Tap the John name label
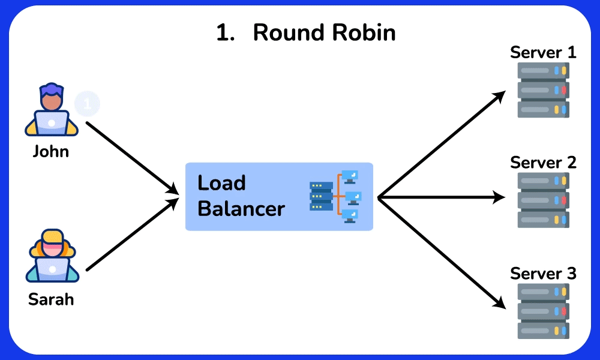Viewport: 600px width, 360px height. click(x=51, y=151)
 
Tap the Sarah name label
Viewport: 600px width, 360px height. click(x=51, y=299)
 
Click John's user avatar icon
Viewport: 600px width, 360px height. click(x=51, y=111)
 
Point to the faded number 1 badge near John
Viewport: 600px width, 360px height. click(x=87, y=104)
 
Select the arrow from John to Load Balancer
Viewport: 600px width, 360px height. click(x=132, y=158)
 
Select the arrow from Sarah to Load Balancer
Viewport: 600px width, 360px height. click(x=132, y=235)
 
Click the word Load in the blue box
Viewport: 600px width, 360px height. click(x=221, y=183)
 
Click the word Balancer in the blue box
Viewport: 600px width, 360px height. click(x=241, y=209)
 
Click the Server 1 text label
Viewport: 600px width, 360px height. click(x=543, y=52)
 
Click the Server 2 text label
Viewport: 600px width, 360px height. click(x=543, y=162)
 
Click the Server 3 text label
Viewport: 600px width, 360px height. click(x=543, y=274)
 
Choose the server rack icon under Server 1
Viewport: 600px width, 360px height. click(x=543, y=90)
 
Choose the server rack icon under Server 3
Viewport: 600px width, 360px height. click(x=543, y=311)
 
